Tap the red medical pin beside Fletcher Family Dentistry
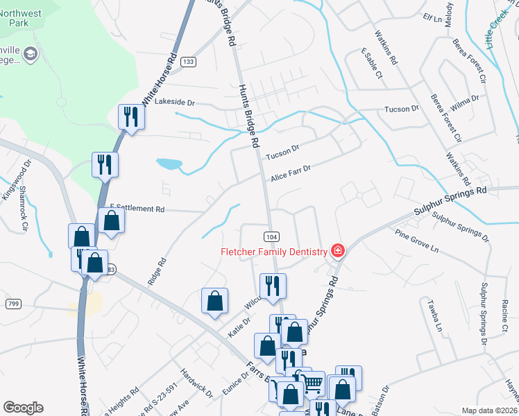tap(338, 250)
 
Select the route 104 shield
tap(271, 236)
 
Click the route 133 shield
tap(187, 62)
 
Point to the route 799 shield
tap(13, 304)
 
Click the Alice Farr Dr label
tap(291, 173)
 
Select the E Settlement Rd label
tap(137, 209)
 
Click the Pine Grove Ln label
tap(416, 241)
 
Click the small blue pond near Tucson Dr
tap(169, 164)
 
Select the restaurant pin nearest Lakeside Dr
tap(130, 116)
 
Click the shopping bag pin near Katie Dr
tap(214, 301)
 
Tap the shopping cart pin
tap(313, 382)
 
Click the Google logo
tap(23, 408)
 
